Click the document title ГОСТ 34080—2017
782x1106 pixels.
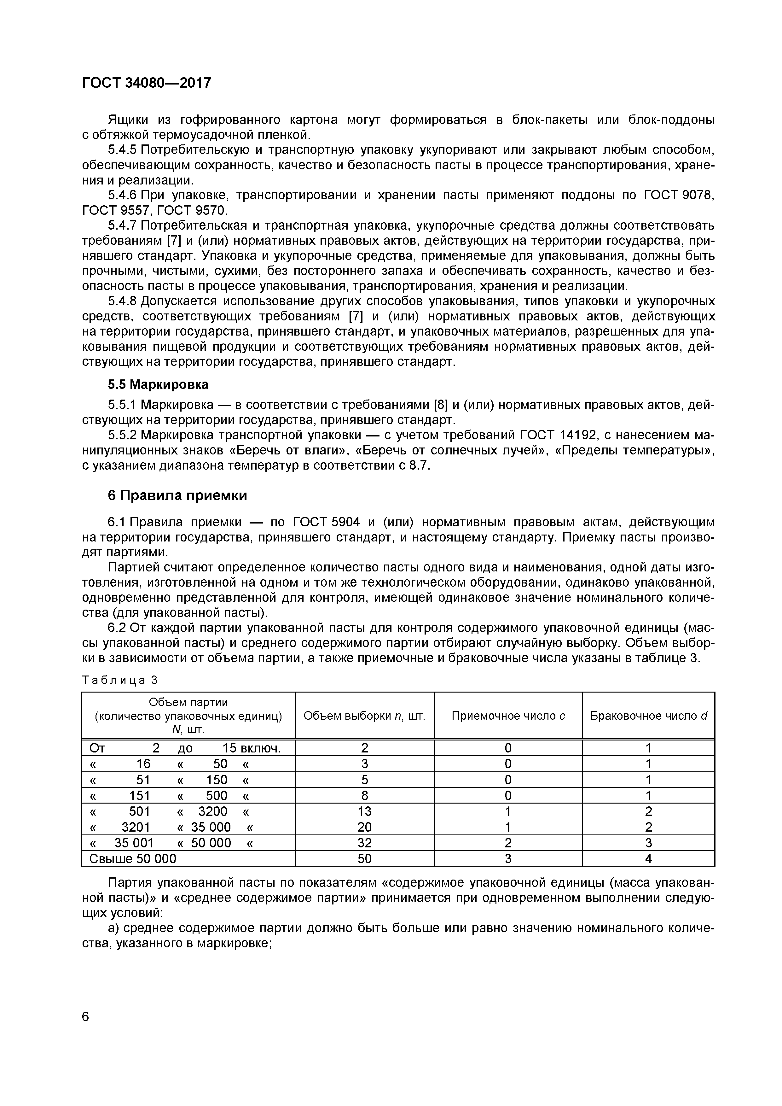(x=146, y=83)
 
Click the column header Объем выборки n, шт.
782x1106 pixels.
(x=364, y=716)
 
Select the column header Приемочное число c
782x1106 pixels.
(x=508, y=716)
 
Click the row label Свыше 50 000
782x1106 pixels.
(x=133, y=858)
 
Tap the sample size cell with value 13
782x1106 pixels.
(x=364, y=811)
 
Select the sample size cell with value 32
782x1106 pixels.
(x=364, y=842)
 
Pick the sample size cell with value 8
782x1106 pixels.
(x=364, y=795)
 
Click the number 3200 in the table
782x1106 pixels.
(x=212, y=811)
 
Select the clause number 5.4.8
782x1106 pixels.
(x=122, y=301)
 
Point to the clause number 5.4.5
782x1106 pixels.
(x=122, y=150)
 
